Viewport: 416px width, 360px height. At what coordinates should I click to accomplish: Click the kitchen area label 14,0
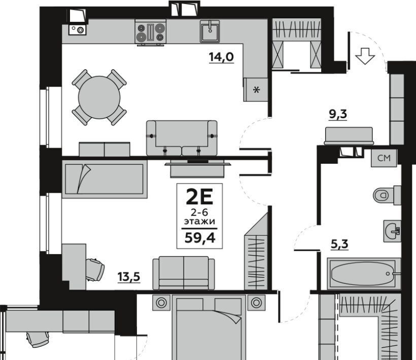(x=221, y=57)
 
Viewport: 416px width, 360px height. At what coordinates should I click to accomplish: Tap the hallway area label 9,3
(x=338, y=114)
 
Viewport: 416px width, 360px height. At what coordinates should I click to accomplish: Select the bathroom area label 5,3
(x=339, y=244)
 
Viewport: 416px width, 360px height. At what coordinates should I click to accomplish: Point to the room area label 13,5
(x=129, y=277)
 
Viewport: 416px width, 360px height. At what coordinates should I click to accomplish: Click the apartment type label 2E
(x=199, y=197)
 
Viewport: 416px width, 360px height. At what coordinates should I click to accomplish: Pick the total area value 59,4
(x=199, y=238)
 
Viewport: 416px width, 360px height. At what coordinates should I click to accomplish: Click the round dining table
(x=99, y=97)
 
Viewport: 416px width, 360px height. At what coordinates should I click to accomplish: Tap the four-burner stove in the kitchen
(x=151, y=32)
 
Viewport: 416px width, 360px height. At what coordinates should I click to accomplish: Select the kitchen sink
(x=210, y=31)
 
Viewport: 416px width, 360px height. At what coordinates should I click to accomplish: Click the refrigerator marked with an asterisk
(x=256, y=90)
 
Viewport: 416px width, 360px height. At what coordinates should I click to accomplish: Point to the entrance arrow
(x=365, y=56)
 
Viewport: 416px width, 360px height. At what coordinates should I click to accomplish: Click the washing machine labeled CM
(x=384, y=158)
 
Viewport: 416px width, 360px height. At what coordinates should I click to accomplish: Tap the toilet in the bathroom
(x=387, y=195)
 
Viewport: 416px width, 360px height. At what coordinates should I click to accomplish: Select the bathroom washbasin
(x=392, y=231)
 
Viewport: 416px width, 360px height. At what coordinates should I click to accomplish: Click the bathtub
(x=364, y=274)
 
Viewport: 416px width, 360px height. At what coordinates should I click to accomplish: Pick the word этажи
(x=199, y=221)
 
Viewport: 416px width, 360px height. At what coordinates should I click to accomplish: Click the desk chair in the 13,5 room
(x=95, y=269)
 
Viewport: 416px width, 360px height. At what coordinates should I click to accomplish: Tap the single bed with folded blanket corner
(x=105, y=179)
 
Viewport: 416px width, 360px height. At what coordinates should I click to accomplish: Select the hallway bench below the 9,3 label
(x=349, y=136)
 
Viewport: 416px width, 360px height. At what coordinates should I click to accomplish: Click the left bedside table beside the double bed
(x=161, y=302)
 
